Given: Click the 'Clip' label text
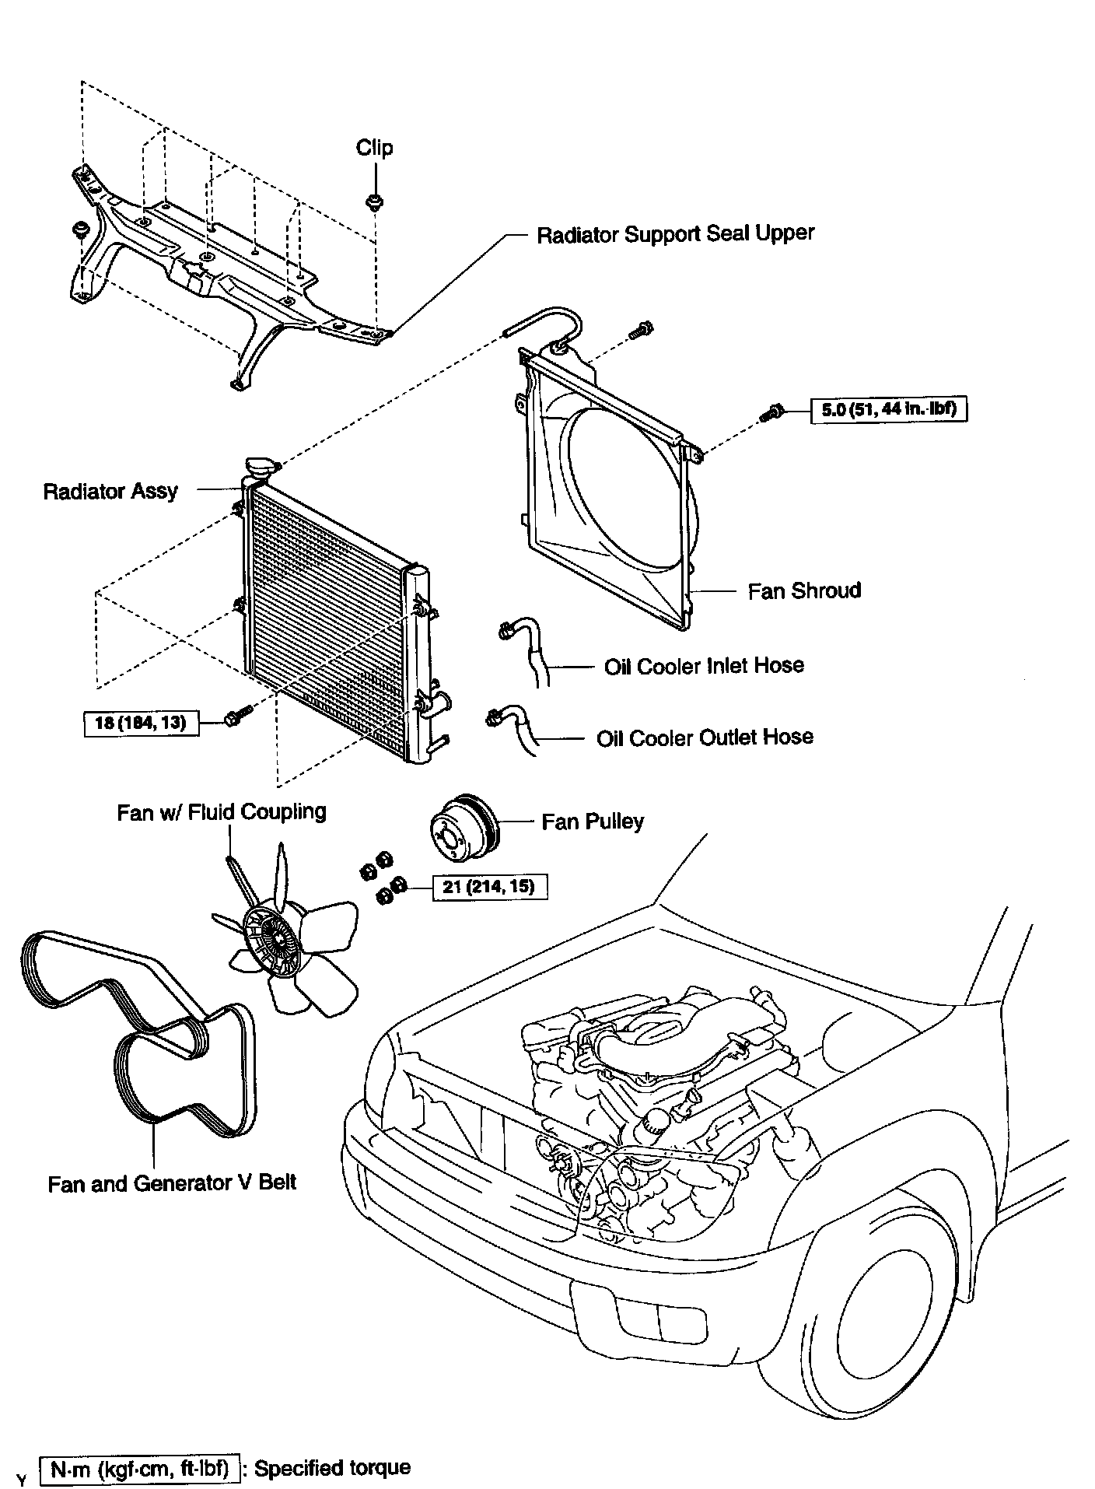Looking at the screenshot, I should coord(374,148).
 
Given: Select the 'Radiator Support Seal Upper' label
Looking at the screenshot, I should coord(675,233).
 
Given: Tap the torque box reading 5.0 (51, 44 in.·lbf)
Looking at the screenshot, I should coord(889,409).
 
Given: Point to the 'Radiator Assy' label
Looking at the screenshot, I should coord(110,491).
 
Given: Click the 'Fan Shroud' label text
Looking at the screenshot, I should coord(804,590).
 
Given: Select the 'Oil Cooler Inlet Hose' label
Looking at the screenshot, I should coord(704,666).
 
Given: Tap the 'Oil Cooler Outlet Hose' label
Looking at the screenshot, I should coord(705,737).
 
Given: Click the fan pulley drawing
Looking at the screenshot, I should coord(460,827).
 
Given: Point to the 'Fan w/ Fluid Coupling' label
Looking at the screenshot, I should coord(222,812).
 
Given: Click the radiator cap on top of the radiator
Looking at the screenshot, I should coord(259,468).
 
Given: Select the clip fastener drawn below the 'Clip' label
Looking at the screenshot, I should coord(373,201).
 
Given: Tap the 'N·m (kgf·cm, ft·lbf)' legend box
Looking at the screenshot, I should coord(140,1469).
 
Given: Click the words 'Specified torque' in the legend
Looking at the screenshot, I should coord(333,1468).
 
